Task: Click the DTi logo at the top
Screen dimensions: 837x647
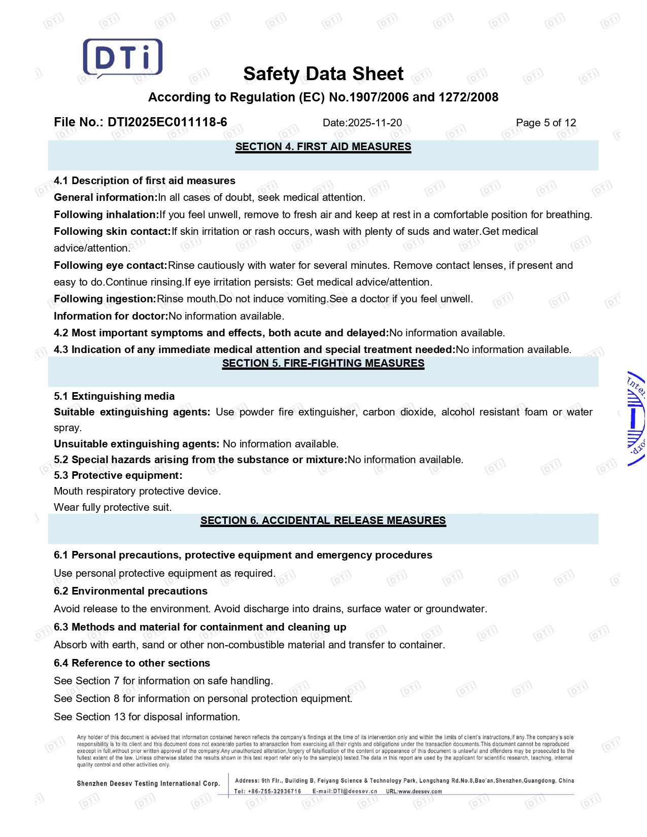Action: tap(122, 58)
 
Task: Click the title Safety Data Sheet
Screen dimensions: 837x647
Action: tap(323, 74)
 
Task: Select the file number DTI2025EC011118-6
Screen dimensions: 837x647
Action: tap(167, 122)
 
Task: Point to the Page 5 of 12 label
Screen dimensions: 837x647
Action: tap(546, 123)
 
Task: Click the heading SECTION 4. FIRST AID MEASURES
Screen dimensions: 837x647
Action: tap(323, 147)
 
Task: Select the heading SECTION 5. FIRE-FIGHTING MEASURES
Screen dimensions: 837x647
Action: tap(323, 363)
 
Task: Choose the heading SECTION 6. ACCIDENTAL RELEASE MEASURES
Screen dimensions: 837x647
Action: tap(323, 520)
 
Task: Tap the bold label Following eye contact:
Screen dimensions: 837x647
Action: tap(111, 265)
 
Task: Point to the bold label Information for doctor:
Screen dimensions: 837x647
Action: tap(111, 316)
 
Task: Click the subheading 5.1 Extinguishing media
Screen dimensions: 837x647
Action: tap(114, 396)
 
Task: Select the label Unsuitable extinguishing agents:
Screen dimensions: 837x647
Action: tap(137, 444)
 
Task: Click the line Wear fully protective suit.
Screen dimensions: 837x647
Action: tap(113, 507)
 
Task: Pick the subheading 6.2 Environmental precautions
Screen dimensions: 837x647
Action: tap(130, 591)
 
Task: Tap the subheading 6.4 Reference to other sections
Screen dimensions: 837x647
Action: tap(132, 663)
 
